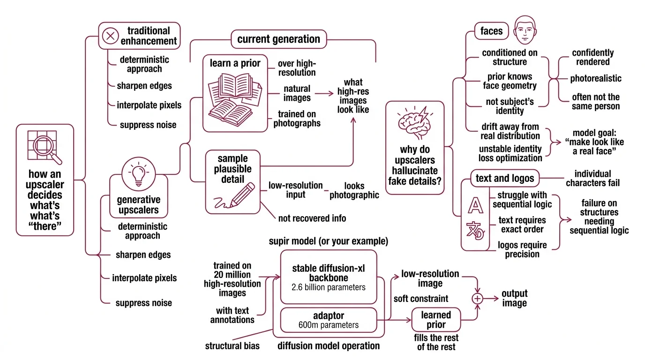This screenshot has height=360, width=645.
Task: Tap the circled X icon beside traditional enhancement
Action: (x=110, y=36)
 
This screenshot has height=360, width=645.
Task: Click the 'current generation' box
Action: (x=278, y=39)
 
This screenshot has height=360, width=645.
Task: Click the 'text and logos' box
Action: (x=504, y=179)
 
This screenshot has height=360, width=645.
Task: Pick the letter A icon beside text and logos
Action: (x=475, y=205)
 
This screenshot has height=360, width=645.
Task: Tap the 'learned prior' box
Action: (x=435, y=319)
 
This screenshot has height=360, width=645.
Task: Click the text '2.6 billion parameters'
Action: (x=328, y=287)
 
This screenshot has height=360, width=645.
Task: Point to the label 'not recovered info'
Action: (x=312, y=218)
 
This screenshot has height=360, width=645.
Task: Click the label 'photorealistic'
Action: (x=595, y=78)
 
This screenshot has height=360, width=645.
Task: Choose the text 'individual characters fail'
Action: (x=592, y=178)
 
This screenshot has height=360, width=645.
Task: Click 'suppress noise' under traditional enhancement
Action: (x=148, y=124)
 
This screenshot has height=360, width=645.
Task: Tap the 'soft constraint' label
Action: (x=421, y=298)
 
